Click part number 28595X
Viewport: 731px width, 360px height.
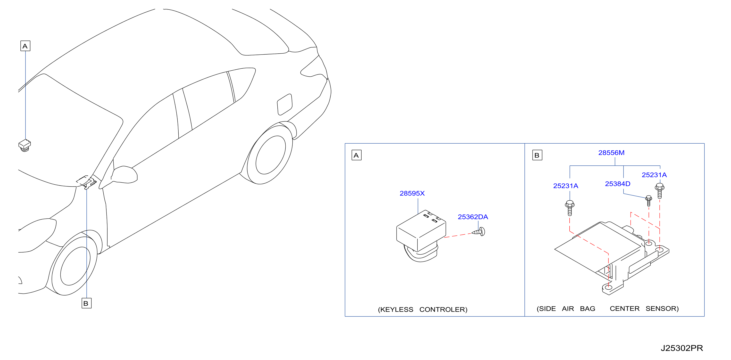coord(412,194)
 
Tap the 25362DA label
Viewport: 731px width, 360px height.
coord(473,217)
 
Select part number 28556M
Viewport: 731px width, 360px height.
coord(611,153)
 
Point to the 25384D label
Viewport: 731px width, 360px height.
coord(617,184)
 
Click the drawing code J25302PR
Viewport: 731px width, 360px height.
coord(682,348)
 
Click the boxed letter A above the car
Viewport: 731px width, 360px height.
coord(25,46)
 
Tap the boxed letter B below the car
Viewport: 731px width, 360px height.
coord(86,303)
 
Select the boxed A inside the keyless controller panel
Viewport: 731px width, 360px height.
coord(357,155)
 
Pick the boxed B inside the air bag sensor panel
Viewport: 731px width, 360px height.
coord(537,155)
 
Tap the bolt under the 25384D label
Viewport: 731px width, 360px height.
coord(648,201)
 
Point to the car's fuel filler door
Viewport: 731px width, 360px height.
coord(285,105)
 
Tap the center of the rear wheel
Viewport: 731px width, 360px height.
coord(270,155)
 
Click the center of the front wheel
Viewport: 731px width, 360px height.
coord(75,266)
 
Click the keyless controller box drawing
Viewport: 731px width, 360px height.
coord(421,236)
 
